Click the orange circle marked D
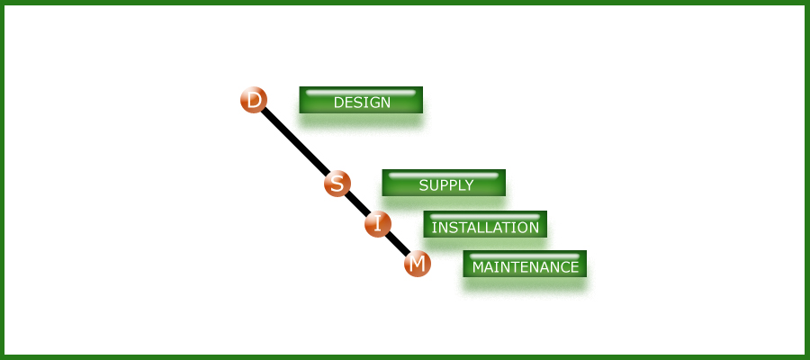(x=254, y=100)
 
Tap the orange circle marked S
(x=337, y=184)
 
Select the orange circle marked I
(x=378, y=224)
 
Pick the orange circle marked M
(x=417, y=264)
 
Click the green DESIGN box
(x=361, y=101)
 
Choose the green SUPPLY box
(x=444, y=184)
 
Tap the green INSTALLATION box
(x=485, y=225)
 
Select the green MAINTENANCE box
(x=525, y=265)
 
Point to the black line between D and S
(x=295, y=142)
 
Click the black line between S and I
(x=357, y=204)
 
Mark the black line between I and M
(x=398, y=244)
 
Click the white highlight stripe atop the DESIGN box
(x=361, y=92)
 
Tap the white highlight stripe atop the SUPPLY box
(x=444, y=175)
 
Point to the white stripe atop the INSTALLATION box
(x=485, y=216)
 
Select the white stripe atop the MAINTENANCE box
(x=525, y=256)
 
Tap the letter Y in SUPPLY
(x=468, y=186)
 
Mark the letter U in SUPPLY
(x=434, y=186)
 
